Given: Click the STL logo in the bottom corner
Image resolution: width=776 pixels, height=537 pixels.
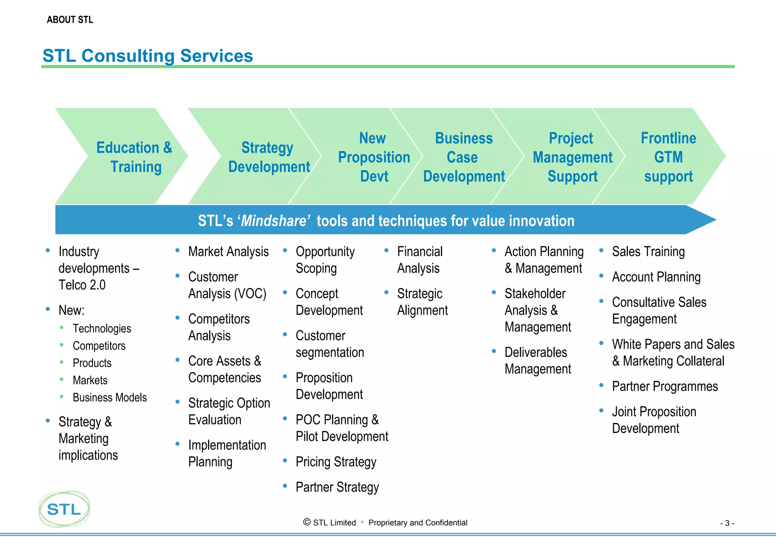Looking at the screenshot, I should [64, 509].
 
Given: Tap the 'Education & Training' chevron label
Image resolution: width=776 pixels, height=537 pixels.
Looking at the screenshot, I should [135, 157].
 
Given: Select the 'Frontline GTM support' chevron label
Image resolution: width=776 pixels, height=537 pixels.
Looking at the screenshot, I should [668, 157].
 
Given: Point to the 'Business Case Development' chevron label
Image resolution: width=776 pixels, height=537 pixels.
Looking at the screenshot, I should [464, 157].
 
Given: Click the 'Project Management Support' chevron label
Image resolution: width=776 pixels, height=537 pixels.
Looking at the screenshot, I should [572, 157].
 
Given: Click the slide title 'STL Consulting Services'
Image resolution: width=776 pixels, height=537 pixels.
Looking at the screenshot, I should [148, 56].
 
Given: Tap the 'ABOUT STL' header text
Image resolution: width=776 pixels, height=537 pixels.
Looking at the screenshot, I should [70, 20].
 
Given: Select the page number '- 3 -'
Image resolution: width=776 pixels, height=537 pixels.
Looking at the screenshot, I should [727, 523].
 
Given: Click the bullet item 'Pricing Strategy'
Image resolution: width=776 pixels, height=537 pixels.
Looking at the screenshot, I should [336, 462].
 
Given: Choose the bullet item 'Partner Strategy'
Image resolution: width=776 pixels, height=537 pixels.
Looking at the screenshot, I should [337, 487].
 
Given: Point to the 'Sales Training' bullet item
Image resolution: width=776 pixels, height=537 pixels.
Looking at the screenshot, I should [648, 251].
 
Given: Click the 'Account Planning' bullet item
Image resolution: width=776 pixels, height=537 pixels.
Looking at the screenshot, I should [656, 277].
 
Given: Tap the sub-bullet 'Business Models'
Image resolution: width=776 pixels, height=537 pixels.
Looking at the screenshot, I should [110, 397].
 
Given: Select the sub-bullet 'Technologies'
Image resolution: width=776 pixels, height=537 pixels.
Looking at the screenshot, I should [102, 328].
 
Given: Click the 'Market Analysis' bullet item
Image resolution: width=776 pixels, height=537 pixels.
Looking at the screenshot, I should [228, 251].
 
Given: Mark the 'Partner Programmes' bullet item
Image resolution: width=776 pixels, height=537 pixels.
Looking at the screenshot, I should [665, 386].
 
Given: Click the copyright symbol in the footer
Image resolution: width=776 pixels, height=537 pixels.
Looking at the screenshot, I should [307, 522].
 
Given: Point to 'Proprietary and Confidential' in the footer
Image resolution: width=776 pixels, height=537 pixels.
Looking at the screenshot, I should [418, 523].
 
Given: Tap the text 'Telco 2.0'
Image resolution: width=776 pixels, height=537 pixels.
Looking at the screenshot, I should [82, 285].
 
